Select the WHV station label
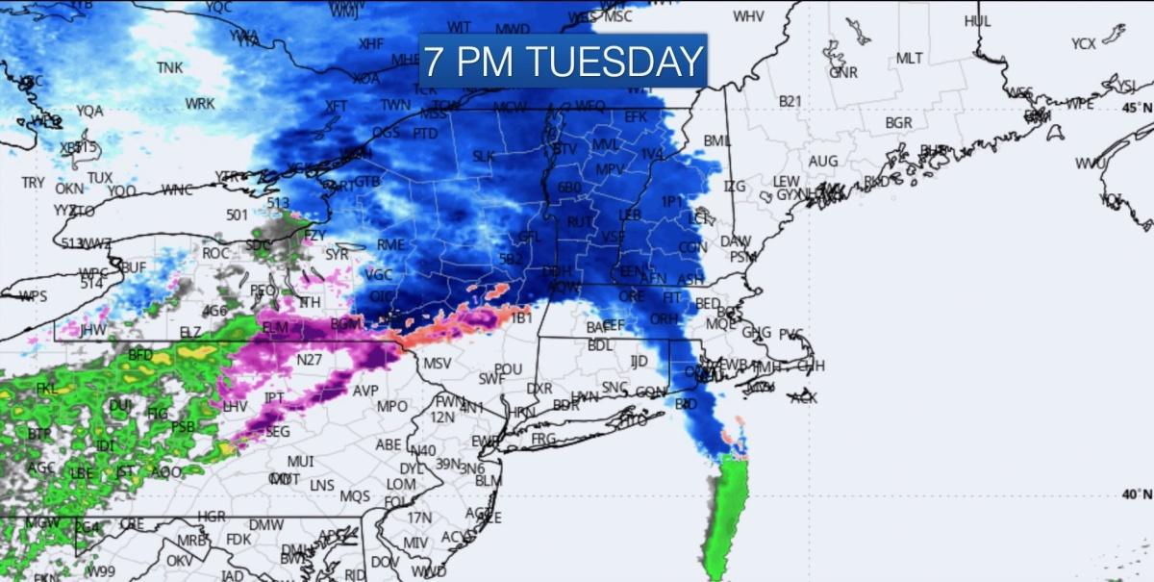click(x=749, y=16)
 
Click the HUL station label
click(x=977, y=20)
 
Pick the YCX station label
click(x=1084, y=44)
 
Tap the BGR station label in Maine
click(x=898, y=123)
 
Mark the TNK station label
click(x=170, y=67)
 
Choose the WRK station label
click(x=200, y=104)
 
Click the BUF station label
click(x=133, y=266)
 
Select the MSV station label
click(x=437, y=364)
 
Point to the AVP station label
click(x=365, y=392)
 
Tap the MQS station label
click(x=354, y=496)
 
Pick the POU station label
click(x=508, y=369)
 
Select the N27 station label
click(x=309, y=360)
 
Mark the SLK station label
click(x=483, y=156)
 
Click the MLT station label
click(x=909, y=58)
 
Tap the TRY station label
click(x=33, y=182)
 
